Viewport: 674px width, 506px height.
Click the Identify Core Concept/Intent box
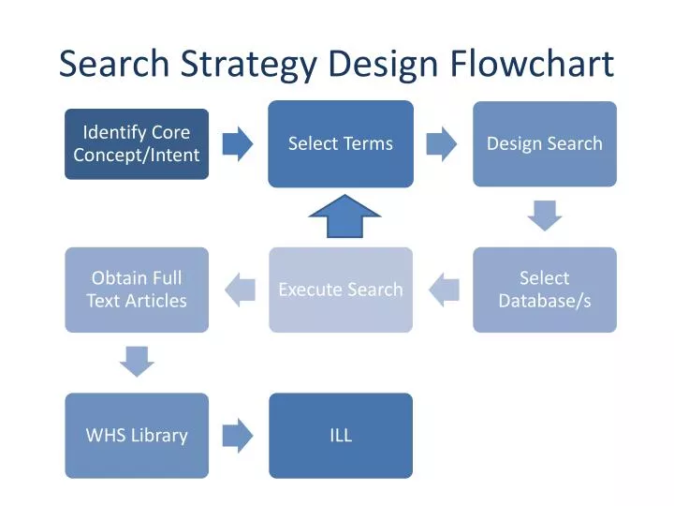coord(137,143)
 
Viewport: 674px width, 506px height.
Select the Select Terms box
coord(341,143)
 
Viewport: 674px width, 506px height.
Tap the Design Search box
coord(544,143)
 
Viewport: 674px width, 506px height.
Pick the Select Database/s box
coord(544,290)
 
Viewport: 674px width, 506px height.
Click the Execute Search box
coord(341,290)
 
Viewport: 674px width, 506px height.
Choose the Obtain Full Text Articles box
coord(137,290)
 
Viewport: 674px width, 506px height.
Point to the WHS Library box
coord(137,435)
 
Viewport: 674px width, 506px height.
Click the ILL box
coord(341,435)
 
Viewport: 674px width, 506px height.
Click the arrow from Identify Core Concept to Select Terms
coord(238,143)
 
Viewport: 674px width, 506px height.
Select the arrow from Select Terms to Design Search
coord(442,143)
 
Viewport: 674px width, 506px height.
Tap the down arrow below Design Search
coord(544,215)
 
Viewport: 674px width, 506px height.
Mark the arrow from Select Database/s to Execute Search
coord(444,290)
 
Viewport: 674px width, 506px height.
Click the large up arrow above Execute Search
coord(345,217)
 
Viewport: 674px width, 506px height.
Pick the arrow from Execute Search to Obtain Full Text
coord(240,290)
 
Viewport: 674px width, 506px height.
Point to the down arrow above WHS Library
coord(137,361)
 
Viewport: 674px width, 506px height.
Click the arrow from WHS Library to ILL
coord(238,435)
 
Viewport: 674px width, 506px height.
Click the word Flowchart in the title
coord(531,64)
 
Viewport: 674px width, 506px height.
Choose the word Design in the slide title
coord(385,64)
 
